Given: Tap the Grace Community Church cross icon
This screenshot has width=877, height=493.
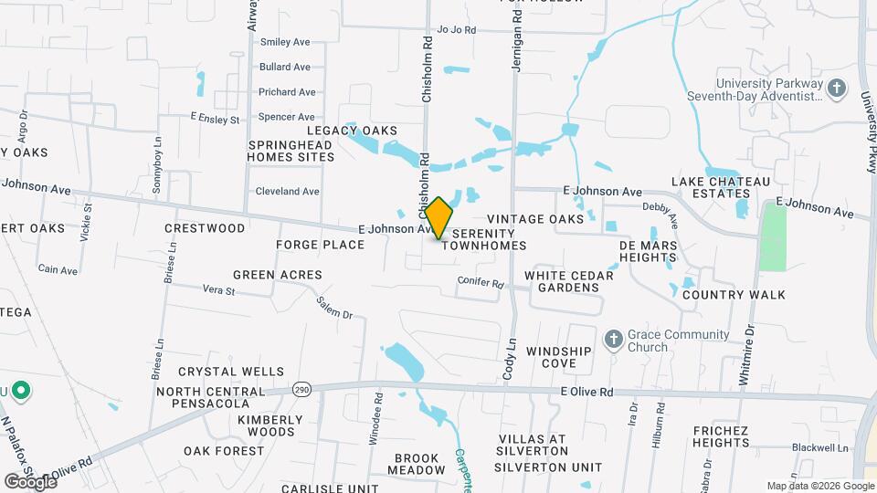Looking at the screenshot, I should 613,340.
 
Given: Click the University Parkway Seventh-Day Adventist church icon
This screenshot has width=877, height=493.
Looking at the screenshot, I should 836,89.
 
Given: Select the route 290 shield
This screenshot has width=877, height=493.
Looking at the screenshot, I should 301,390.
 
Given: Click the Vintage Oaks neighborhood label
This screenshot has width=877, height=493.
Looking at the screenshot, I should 534,219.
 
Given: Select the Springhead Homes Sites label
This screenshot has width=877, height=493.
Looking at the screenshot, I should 291,151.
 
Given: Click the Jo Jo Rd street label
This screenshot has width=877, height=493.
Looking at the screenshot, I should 457,30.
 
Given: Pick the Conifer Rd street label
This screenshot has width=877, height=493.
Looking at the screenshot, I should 482,284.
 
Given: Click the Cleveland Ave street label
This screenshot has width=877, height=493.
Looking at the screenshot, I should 288,192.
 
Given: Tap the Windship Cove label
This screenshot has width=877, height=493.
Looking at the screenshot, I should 552,357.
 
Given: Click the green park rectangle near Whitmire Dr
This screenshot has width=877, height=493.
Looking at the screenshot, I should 773,236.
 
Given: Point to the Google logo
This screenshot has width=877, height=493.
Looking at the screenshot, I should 29,481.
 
